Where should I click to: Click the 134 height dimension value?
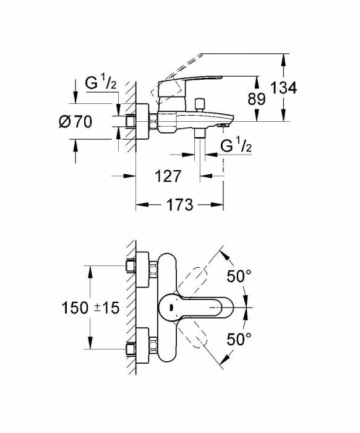tap(284, 88)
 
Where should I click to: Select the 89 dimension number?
tap(257, 98)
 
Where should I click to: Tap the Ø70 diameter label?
tap(75, 122)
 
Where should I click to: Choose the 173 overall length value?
tap(180, 204)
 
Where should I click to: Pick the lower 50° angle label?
tap(239, 338)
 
